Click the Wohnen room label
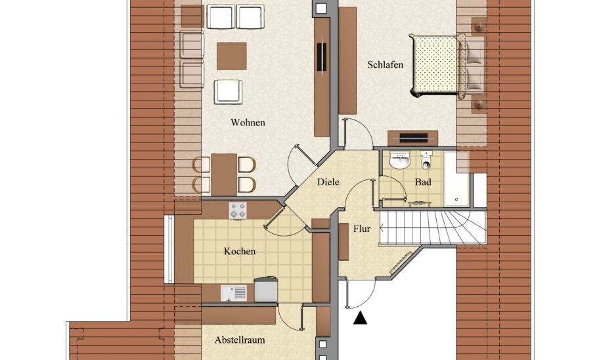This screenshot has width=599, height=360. (248, 123)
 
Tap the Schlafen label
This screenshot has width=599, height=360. (385, 64)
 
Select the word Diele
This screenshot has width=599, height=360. (328, 182)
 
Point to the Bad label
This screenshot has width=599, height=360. (423, 182)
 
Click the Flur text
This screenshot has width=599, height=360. (362, 229)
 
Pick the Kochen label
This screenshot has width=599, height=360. (240, 252)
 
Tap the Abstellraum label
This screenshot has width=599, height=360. (240, 340)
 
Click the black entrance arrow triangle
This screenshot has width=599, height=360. (360, 319)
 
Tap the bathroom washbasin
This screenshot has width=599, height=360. (399, 160)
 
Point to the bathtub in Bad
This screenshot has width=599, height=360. (456, 179)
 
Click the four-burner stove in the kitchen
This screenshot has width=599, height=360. (238, 211)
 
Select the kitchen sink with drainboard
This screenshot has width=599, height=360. (233, 293)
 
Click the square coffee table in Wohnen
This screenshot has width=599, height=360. (231, 56)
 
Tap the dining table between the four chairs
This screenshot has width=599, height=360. (224, 175)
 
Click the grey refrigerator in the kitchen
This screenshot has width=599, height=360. (266, 290)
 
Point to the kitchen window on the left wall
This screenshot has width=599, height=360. (169, 250)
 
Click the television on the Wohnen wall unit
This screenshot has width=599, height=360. (322, 57)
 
